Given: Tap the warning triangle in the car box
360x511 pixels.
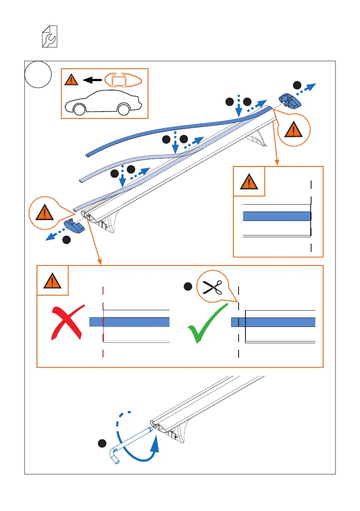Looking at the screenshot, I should pyautogui.click(x=72, y=79).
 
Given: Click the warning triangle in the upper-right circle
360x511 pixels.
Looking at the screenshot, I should pyautogui.click(x=293, y=129).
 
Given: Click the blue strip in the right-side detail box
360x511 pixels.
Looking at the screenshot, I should pyautogui.click(x=277, y=216).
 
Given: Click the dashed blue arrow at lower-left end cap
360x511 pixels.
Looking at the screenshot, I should pyautogui.click(x=55, y=234).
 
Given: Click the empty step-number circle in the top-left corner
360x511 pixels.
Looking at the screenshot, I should pyautogui.click(x=38, y=75).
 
